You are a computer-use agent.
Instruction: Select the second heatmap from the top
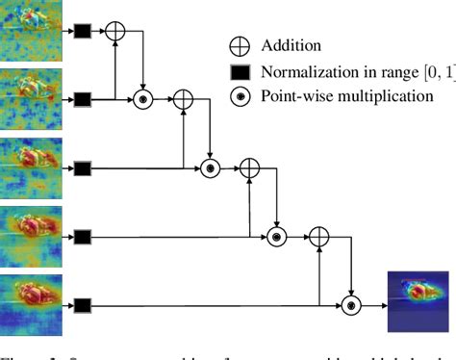pos(31,96)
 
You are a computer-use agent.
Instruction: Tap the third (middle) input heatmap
pos(31,167)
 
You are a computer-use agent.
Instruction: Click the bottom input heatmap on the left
pos(31,304)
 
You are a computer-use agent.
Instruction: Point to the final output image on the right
pos(418,300)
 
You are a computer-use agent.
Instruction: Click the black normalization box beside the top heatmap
pos(83,32)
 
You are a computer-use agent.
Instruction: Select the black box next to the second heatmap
pos(83,99)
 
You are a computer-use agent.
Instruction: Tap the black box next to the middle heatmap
pos(83,169)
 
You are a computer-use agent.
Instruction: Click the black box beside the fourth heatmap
pos(83,237)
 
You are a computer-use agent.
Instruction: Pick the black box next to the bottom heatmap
pos(83,306)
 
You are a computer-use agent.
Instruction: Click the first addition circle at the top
pos(115,31)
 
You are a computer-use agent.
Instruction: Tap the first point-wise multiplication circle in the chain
pos(143,99)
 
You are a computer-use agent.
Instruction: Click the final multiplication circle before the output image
pos(351,306)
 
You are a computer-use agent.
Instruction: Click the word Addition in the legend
pos(290,45)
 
